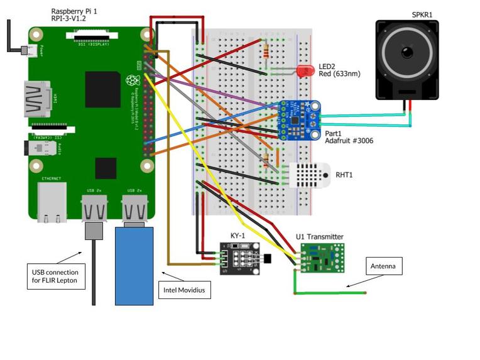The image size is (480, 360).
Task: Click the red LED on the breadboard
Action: tap(306, 71)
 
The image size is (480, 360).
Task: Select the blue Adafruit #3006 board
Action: tap(298, 120)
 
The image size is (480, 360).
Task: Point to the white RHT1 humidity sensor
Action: tap(307, 174)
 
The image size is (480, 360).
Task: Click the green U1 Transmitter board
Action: tap(321, 258)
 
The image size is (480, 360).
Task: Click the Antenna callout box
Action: tap(383, 266)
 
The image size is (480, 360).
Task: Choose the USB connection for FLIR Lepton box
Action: tap(56, 276)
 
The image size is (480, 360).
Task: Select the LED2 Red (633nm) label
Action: tap(339, 70)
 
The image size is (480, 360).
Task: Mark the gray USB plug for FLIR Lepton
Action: tap(93, 231)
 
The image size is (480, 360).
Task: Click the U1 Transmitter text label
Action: tap(320, 237)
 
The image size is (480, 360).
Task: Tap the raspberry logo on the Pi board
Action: tap(131, 80)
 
